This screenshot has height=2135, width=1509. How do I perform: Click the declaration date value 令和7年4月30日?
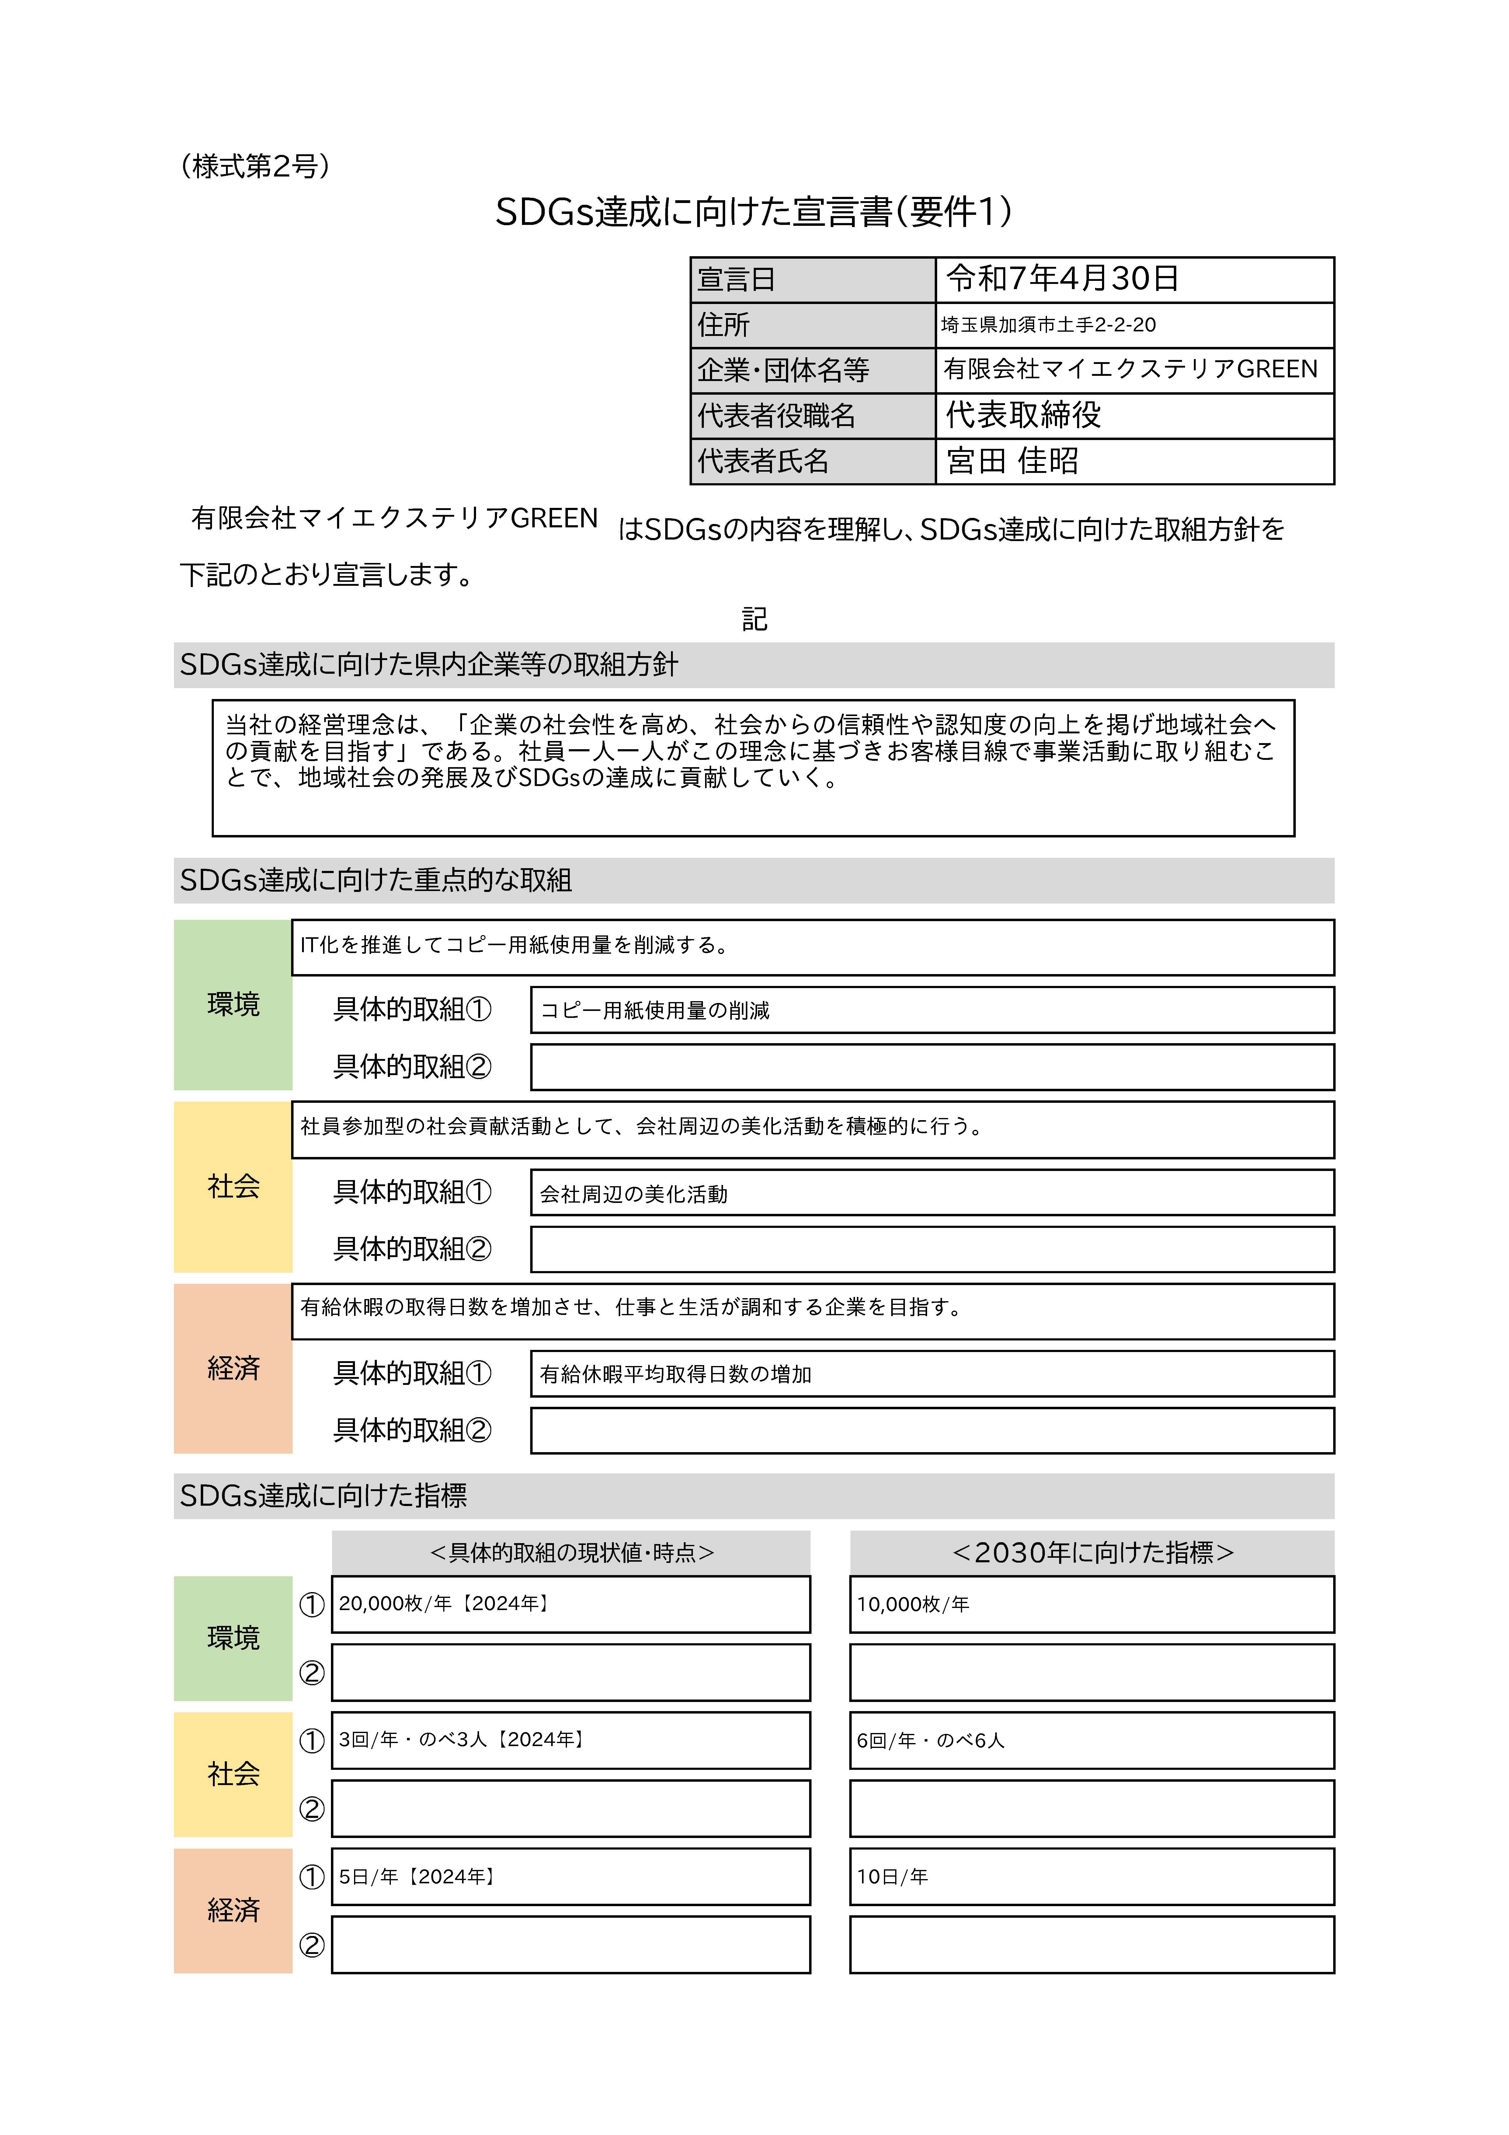[1063, 278]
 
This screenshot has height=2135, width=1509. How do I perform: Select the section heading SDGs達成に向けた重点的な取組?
[376, 880]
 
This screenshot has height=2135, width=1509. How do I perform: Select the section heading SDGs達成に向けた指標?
[324, 1495]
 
